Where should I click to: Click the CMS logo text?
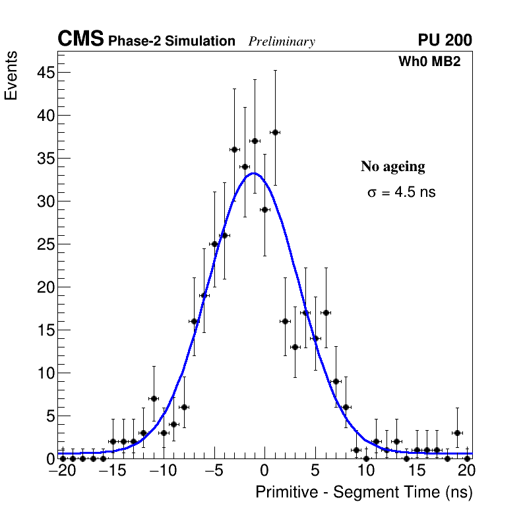tap(80, 40)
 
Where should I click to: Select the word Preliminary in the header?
tap(282, 42)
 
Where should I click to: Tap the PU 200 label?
tap(445, 40)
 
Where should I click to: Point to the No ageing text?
tap(392, 166)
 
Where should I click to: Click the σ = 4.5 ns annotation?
tap(401, 193)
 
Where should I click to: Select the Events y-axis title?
tap(11, 76)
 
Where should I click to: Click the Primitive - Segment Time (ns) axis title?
tap(364, 492)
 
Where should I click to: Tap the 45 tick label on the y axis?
tap(45, 73)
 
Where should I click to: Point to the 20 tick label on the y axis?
tap(45, 287)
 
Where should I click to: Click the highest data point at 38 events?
tap(275, 132)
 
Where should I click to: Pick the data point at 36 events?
tap(234, 149)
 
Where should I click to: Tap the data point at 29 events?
tap(264, 209)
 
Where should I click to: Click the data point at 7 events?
tap(154, 398)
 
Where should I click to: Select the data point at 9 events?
tap(336, 381)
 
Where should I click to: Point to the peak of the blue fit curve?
tap(255, 174)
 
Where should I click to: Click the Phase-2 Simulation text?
tap(171, 42)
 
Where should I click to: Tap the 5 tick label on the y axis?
tap(49, 416)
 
